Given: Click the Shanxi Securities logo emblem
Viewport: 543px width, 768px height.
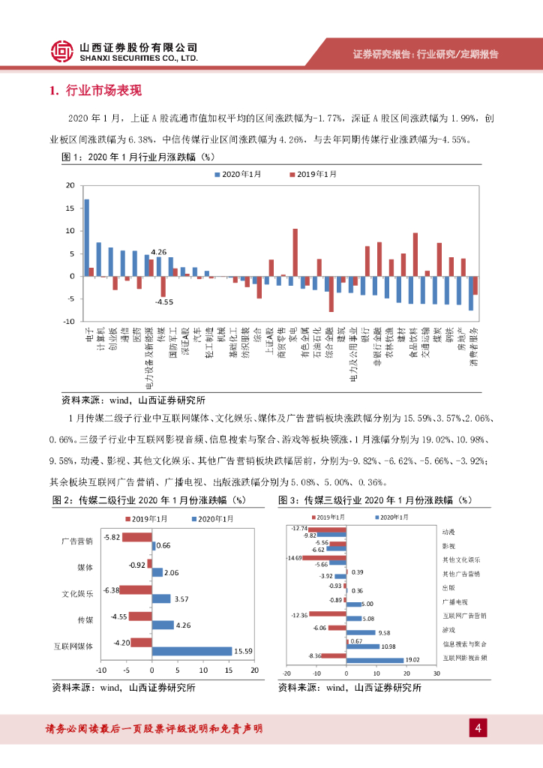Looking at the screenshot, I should (61, 50).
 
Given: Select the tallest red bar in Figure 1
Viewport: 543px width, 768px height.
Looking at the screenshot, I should (295, 252).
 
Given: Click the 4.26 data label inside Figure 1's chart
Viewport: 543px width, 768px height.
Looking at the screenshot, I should (158, 252).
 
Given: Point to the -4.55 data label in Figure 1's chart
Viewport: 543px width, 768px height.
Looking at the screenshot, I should (164, 301).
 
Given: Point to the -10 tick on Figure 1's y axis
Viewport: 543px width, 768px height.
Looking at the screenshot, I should (69, 321).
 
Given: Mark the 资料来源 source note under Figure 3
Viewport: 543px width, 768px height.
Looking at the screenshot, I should (349, 687).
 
